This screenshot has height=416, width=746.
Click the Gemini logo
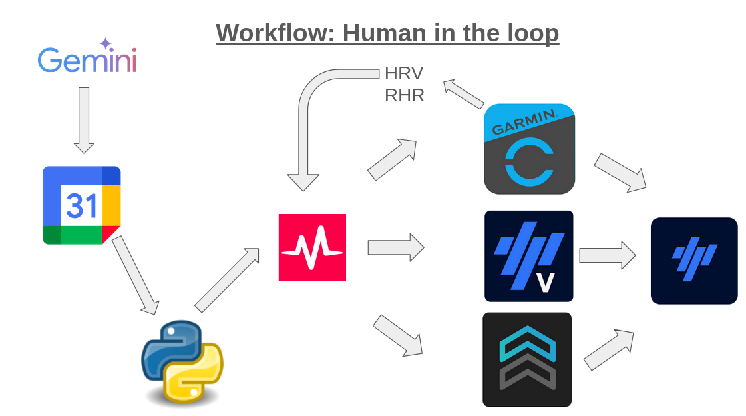[87, 59]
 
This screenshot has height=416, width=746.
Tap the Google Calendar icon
[81, 205]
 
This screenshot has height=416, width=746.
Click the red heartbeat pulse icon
[312, 247]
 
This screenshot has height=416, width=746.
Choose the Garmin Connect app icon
[529, 149]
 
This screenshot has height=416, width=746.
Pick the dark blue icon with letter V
[528, 256]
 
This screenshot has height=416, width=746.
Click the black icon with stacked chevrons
[527, 359]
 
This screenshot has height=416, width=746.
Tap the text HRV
[404, 73]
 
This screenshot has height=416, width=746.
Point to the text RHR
[404, 95]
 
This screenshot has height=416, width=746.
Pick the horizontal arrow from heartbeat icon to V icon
[396, 247]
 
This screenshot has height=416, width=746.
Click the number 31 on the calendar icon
[82, 207]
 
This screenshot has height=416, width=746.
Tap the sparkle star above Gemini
[105, 44]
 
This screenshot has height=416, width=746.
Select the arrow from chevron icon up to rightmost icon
[608, 349]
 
